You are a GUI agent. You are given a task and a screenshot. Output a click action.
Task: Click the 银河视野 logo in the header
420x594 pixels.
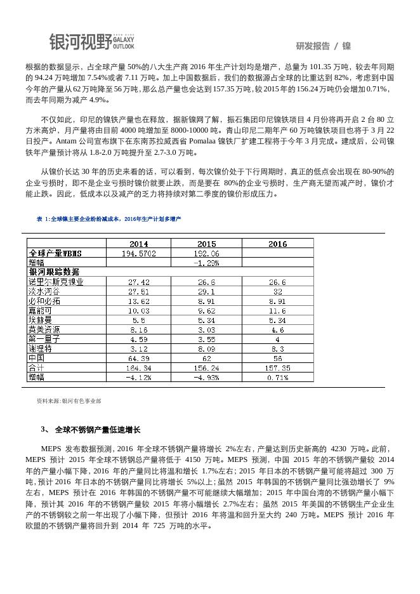coord(92,42)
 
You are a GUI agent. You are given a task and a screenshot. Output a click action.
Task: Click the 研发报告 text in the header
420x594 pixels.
coord(313,46)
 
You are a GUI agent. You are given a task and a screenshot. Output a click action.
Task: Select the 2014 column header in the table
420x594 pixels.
coord(138,244)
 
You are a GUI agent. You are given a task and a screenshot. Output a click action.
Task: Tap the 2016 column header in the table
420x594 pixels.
coord(277,244)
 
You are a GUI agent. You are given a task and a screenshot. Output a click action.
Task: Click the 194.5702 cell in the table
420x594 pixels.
coord(138,253)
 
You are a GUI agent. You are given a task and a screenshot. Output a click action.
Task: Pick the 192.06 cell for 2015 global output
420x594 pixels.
coord(206,253)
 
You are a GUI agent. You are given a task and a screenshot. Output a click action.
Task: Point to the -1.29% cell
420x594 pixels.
coord(206,262)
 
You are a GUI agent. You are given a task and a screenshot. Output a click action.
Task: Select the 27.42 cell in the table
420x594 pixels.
coord(138,282)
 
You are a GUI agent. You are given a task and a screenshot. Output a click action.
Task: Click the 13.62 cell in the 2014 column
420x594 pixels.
coord(138,301)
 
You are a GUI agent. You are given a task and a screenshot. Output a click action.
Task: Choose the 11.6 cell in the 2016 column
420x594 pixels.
coord(277,311)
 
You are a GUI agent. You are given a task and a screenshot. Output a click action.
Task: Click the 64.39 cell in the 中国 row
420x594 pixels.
coord(138,359)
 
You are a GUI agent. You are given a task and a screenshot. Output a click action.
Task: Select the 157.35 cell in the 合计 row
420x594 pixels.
coord(277,368)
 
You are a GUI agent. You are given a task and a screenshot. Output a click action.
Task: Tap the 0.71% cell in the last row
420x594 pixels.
coord(277,378)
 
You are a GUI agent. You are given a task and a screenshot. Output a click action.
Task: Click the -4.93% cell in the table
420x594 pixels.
coord(206,378)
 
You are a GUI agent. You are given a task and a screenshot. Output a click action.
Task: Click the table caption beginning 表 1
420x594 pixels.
coord(108,219)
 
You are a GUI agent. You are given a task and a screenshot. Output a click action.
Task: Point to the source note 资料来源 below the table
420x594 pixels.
coord(69,401)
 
